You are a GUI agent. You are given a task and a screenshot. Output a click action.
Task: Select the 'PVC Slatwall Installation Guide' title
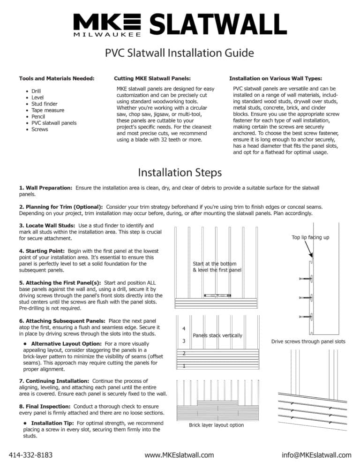point(180,53)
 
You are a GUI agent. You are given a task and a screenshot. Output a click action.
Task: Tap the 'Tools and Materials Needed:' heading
point(57,78)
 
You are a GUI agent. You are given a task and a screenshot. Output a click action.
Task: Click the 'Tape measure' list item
point(48,110)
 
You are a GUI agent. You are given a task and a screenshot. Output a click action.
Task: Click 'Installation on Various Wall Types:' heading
point(276,78)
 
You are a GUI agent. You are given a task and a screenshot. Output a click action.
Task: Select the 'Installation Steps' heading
point(180,173)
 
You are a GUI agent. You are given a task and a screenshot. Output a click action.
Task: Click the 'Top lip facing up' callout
point(310,237)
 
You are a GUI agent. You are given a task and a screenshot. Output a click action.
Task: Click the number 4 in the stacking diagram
point(184,328)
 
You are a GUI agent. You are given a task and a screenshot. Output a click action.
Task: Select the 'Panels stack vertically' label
point(217,335)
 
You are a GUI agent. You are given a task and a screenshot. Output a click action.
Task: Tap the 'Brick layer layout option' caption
point(217,425)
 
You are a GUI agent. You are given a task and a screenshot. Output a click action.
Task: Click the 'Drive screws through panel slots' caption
point(308,341)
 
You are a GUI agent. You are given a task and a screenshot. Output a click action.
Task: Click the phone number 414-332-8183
point(31,454)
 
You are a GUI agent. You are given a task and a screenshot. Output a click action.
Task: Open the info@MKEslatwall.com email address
point(316,454)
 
